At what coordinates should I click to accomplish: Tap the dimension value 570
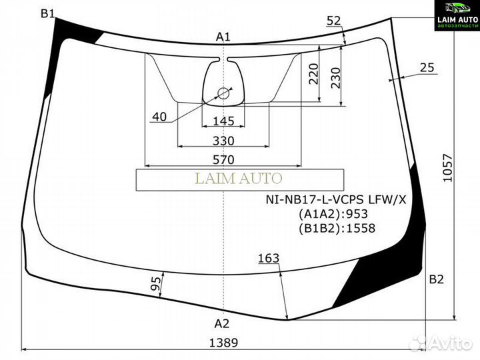tap(223, 159)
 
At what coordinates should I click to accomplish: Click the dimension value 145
tap(223, 121)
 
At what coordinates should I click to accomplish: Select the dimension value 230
tap(335, 78)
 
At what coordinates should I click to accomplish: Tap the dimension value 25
tap(427, 67)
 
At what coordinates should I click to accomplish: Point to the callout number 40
tap(159, 117)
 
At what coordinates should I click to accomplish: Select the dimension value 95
tap(155, 285)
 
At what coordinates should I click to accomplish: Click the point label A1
tap(223, 37)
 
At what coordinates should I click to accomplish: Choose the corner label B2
tap(436, 279)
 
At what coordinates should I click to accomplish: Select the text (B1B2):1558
tap(337, 228)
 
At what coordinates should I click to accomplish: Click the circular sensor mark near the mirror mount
tap(223, 94)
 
